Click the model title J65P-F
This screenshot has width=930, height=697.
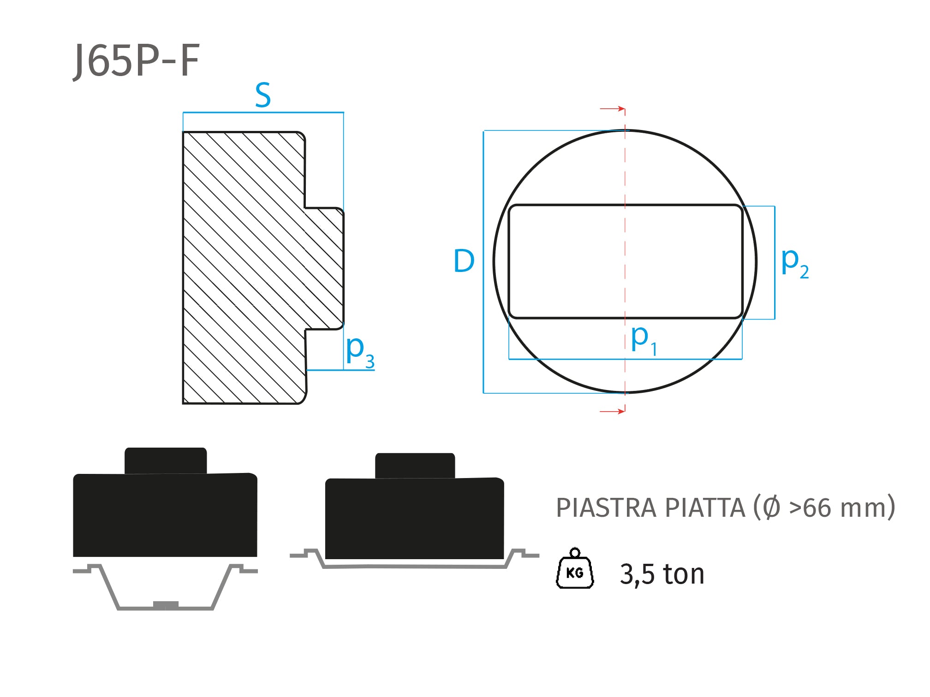137,61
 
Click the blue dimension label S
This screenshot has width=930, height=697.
263,95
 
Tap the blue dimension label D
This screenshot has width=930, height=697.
464,261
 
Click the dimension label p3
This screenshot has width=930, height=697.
360,351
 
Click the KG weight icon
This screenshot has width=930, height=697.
575,568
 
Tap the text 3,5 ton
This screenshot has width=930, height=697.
662,574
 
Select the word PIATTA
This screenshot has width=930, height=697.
705,508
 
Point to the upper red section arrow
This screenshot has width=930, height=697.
612,109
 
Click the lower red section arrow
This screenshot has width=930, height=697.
612,411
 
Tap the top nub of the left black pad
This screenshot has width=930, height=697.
166,461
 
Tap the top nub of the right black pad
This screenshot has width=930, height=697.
415,466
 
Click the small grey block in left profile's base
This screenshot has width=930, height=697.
166,605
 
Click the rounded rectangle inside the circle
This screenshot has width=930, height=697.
626,261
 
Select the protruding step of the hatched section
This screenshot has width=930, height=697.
324,269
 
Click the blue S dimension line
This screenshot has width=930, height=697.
263,112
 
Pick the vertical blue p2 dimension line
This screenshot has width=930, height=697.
775,262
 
